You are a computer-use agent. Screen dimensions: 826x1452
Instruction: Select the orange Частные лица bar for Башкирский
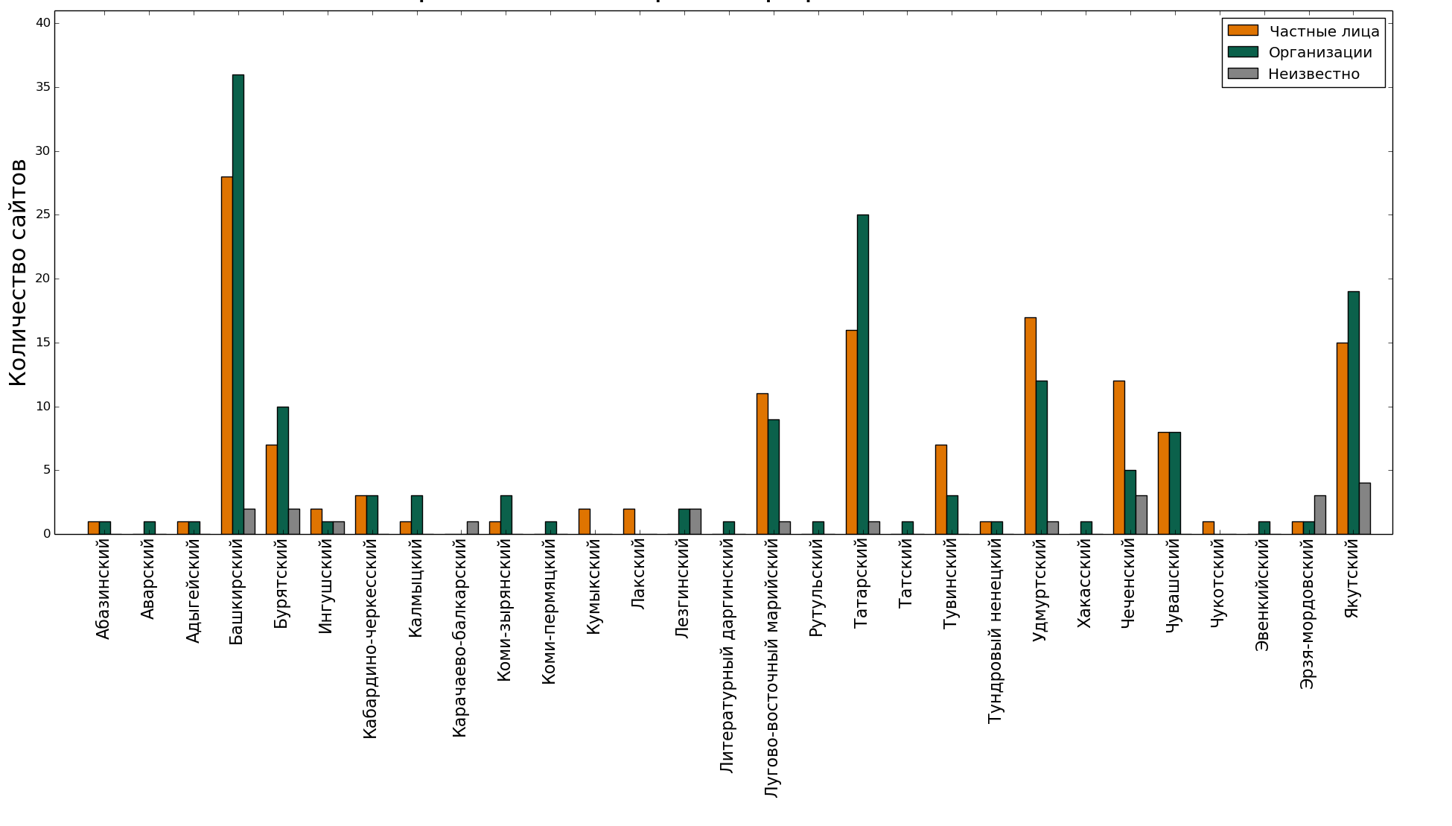pos(226,355)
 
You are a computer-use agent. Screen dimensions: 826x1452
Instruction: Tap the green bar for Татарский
pos(862,374)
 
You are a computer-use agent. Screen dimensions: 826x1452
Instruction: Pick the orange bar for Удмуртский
pos(1030,425)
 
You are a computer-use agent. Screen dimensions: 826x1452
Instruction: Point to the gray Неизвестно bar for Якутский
pos(1364,508)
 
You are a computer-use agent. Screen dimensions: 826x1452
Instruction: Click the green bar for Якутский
pos(1353,413)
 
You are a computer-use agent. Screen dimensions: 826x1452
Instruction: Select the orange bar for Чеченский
pos(1118,457)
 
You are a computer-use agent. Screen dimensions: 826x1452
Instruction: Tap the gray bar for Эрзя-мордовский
pos(1319,515)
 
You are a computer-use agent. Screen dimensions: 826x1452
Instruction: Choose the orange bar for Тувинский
pos(940,489)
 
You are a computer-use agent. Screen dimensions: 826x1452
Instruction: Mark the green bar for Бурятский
pos(282,470)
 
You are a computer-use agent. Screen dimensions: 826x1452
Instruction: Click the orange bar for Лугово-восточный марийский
pos(762,463)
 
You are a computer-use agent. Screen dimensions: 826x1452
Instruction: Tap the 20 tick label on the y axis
pos(42,279)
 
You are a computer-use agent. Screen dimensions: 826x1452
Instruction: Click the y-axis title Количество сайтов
pos(18,272)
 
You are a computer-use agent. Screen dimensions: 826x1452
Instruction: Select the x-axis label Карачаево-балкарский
pos(459,638)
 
